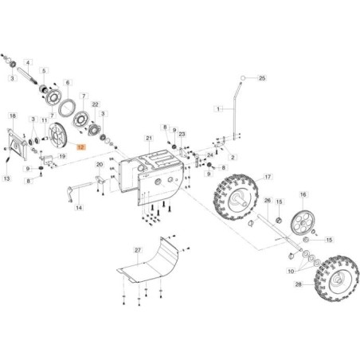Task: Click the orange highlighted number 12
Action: (x=80, y=147)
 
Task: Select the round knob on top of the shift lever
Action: (x=242, y=77)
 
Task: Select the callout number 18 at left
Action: (x=12, y=116)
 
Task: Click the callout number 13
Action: (x=7, y=179)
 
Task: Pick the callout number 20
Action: (x=100, y=165)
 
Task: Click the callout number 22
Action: (x=95, y=104)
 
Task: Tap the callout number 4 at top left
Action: (x=28, y=62)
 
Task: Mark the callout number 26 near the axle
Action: (x=268, y=201)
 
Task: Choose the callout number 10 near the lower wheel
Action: (x=289, y=271)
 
